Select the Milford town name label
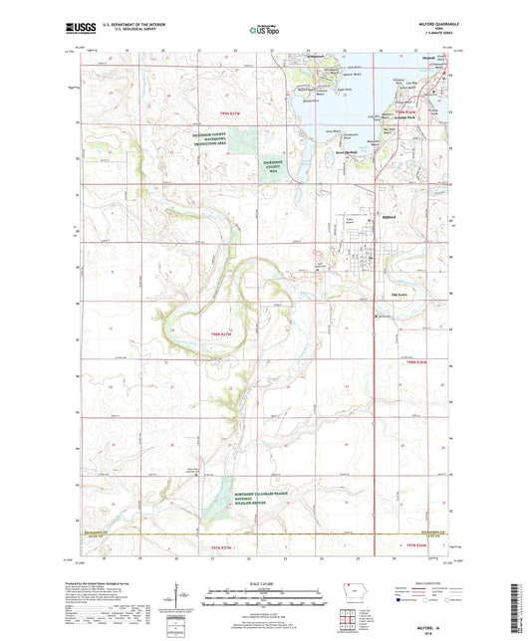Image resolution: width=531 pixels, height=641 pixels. click(x=361, y=210)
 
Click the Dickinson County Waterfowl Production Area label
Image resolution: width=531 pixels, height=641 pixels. click(x=217, y=140)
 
